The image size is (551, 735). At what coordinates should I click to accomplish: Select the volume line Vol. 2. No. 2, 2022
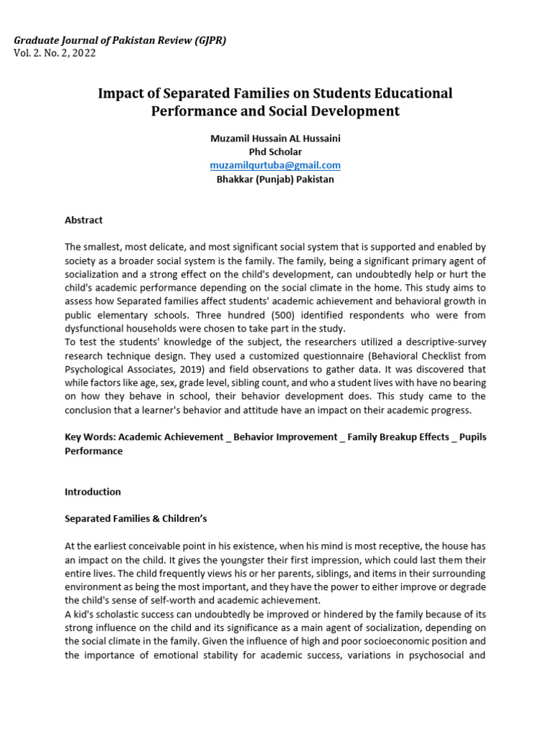click(x=55, y=53)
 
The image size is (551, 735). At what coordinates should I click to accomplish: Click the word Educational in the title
click(x=410, y=93)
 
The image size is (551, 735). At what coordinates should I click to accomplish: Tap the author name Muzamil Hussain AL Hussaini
click(x=275, y=139)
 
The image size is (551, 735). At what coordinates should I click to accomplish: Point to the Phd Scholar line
click(x=275, y=152)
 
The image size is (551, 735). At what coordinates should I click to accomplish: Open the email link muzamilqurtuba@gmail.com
click(x=275, y=165)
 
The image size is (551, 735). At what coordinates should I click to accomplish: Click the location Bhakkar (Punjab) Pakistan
click(x=275, y=179)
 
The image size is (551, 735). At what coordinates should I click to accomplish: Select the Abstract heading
click(x=83, y=220)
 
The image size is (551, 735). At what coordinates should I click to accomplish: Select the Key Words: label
click(x=90, y=437)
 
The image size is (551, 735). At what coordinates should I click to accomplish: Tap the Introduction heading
click(x=93, y=492)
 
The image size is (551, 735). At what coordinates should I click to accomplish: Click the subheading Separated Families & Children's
click(x=136, y=519)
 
